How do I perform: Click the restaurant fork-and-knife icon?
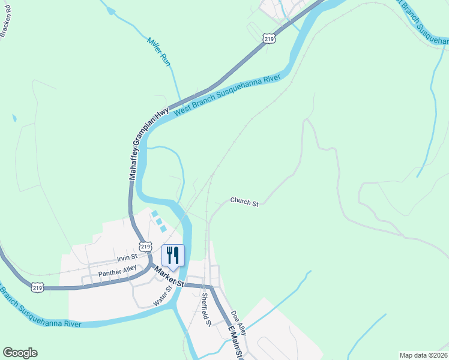173,255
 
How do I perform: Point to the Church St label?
244,202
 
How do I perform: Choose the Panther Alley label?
118,272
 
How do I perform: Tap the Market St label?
169,277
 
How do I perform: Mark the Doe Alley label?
238,323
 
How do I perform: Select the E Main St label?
235,343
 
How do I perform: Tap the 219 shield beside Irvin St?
145,246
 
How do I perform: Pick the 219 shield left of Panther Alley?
38,287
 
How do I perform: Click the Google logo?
20,353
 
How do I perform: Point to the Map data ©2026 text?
423,355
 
